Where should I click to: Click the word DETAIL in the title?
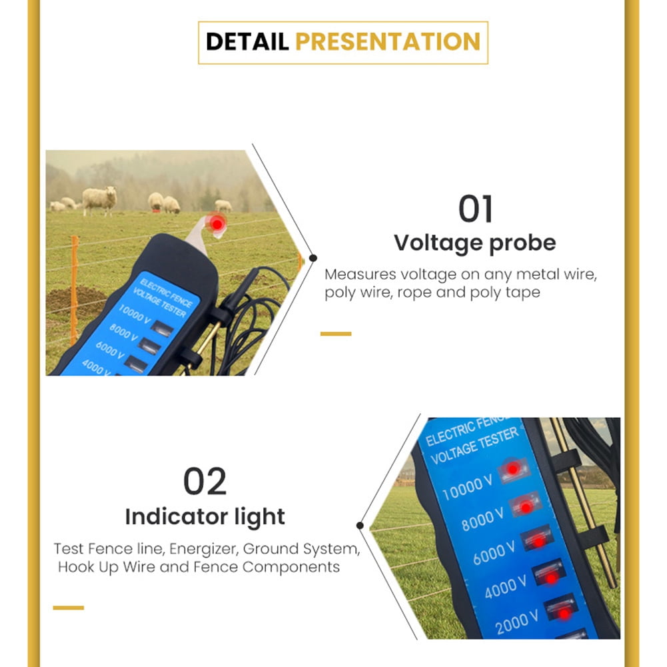[x=247, y=41]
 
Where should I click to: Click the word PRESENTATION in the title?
[x=387, y=41]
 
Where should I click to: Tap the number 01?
[x=475, y=209]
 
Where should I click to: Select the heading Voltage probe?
[x=474, y=243]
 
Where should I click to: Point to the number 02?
[x=205, y=482]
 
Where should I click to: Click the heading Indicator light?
[x=205, y=516]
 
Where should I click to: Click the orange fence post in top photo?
[x=74, y=287]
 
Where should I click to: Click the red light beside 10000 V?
[x=512, y=469]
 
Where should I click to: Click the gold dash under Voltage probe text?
[x=335, y=333]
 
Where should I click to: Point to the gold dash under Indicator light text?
[x=68, y=607]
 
